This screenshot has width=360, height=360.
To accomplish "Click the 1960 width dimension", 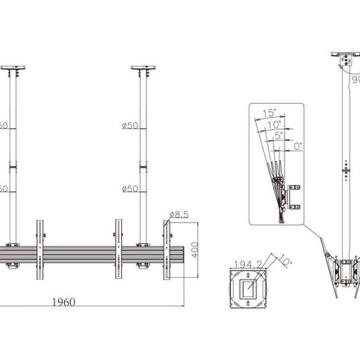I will point(84,302).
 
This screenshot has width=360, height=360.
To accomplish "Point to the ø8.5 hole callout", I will point(180,214).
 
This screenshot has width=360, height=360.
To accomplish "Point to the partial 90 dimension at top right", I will point(354,79).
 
